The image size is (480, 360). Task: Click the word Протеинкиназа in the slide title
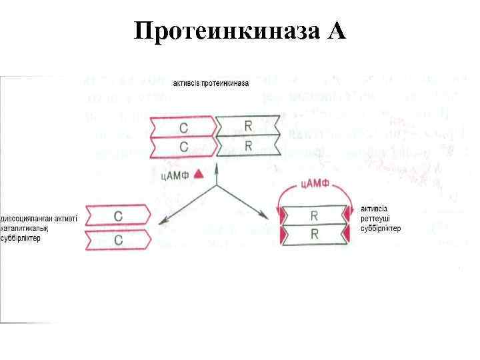pos(227,31)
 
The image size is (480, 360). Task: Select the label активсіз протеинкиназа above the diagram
pos(211,84)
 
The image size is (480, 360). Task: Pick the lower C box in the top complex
pos(184,146)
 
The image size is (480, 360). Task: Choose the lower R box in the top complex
pos(248,146)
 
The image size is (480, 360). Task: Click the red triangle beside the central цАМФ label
pos(197,173)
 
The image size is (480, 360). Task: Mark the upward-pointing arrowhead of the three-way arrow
pos(217,169)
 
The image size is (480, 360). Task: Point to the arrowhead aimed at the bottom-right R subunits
pos(265,217)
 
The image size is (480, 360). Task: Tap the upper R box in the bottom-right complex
pos(314,216)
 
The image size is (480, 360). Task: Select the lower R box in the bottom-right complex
pos(314,235)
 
